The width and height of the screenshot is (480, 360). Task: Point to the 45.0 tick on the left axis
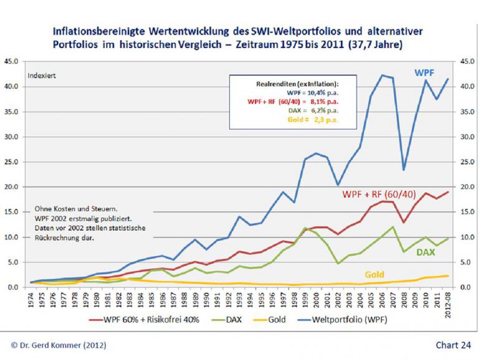[x=14, y=61]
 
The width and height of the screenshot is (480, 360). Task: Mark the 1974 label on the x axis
[x=31, y=300]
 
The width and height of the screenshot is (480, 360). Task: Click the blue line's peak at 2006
[x=382, y=75]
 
